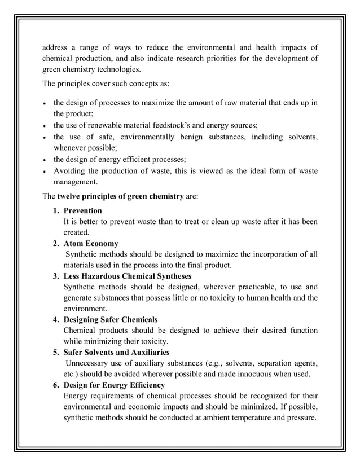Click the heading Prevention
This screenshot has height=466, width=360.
[83, 211]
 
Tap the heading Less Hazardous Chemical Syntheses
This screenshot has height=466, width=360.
[127, 276]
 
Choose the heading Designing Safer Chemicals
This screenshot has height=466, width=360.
[111, 320]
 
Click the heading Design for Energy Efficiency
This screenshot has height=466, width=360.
[114, 385]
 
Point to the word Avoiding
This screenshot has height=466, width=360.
[70, 171]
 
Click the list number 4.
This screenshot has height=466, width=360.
[56, 320]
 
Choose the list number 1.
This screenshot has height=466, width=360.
[56, 211]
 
